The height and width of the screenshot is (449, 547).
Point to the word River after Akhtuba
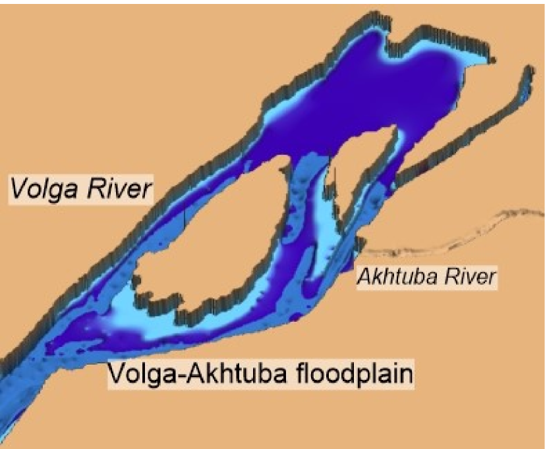(x=466, y=277)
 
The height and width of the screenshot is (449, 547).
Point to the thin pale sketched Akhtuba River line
(x=461, y=237)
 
